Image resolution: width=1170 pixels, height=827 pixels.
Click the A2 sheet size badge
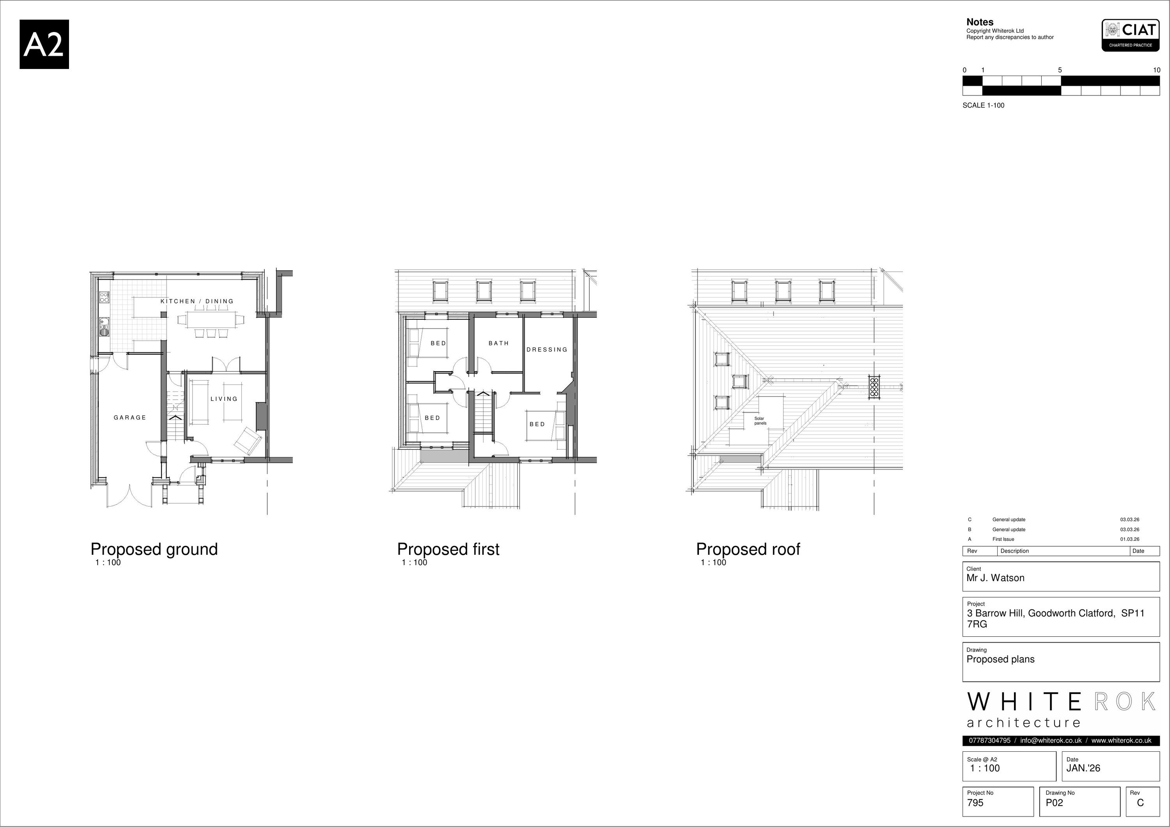[44, 44]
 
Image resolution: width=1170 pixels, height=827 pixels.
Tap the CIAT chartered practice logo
[1130, 35]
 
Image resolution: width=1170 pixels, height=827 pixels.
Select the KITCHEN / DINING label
[197, 301]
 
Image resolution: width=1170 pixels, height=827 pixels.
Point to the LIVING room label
[224, 399]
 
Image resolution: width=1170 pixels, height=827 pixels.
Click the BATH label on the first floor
[499, 344]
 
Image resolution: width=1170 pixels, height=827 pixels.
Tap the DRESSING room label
[547, 349]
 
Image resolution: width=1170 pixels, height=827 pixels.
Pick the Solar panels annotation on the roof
[760, 421]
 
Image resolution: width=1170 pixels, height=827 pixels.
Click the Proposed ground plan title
[154, 549]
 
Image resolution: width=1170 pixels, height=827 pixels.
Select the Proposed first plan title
[448, 549]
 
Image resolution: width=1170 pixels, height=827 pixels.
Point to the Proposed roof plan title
[748, 549]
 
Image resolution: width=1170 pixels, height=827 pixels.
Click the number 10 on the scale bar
[1156, 70]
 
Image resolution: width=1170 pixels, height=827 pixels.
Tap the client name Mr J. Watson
[995, 578]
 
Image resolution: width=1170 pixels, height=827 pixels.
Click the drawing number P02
[1054, 802]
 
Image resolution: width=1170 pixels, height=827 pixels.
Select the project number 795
[975, 802]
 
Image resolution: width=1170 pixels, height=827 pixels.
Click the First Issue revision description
[1003, 539]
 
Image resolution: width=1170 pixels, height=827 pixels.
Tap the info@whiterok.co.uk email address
[1051, 740]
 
